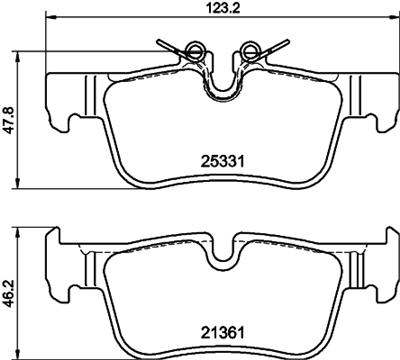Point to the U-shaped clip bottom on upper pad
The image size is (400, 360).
coord(222,95)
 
